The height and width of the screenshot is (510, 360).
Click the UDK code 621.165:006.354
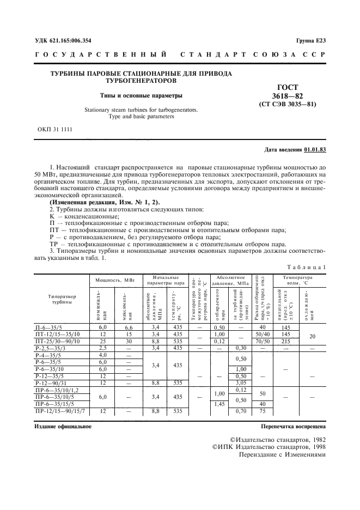(x=68, y=41)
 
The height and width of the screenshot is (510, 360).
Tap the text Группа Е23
(x=311, y=41)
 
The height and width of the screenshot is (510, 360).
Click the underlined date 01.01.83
(x=315, y=149)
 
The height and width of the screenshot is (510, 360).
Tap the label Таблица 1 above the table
(x=305, y=267)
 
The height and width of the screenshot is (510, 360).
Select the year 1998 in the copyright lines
(x=313, y=447)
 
